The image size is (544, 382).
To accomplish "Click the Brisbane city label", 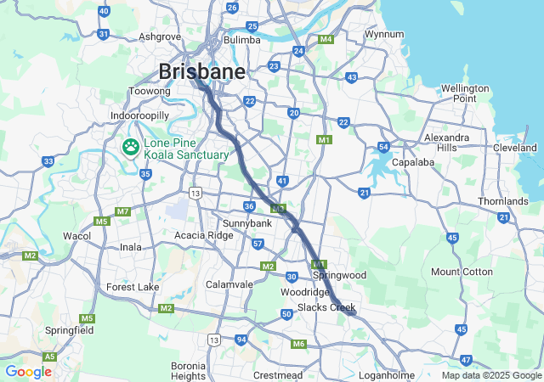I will [201, 71].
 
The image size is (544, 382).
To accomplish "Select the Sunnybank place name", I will [246, 222].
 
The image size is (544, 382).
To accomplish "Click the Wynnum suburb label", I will [383, 35].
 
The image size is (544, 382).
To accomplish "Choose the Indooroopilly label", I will [140, 115].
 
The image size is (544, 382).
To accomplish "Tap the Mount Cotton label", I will [462, 272].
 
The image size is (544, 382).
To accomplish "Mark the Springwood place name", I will [339, 275].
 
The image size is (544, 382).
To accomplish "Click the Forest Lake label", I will [133, 287].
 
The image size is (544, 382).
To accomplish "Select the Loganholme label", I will [387, 374].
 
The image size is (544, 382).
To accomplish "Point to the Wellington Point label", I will [464, 93].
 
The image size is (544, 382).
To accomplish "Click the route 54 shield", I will [384, 147].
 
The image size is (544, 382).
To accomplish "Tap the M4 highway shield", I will [326, 40].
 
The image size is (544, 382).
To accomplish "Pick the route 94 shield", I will [241, 340].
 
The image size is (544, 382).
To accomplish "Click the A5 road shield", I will [50, 357].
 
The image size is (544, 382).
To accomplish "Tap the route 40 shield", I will [104, 11].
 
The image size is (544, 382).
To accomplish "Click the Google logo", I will [28, 372].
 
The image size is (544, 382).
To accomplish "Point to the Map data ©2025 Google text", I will [491, 375].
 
